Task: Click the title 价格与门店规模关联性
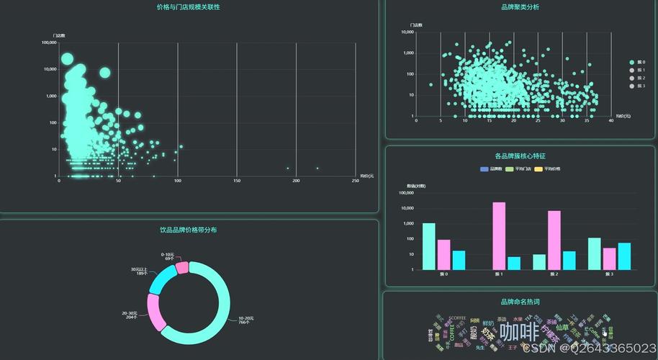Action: (x=188, y=7)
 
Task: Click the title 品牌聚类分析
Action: (x=520, y=7)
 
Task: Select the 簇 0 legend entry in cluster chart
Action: (x=636, y=63)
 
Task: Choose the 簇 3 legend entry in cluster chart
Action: (x=636, y=86)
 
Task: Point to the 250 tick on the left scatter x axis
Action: (x=355, y=181)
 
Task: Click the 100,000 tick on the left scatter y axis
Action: (x=49, y=42)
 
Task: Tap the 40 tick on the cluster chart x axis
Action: (x=610, y=121)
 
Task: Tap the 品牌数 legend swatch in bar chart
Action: (x=485, y=169)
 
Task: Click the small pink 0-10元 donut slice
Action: (x=182, y=267)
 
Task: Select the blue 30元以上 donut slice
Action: (x=159, y=280)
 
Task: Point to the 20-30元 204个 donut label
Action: (x=131, y=315)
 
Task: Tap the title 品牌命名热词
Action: (x=520, y=302)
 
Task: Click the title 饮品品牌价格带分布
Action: (x=188, y=230)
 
